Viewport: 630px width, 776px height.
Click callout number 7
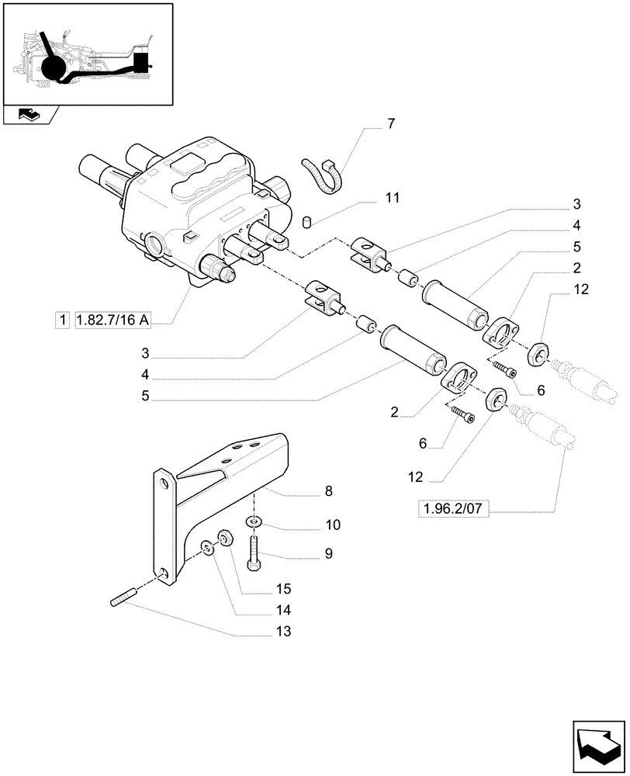pyautogui.click(x=391, y=123)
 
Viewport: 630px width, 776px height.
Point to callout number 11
pyautogui.click(x=393, y=198)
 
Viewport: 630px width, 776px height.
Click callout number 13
pyautogui.click(x=284, y=632)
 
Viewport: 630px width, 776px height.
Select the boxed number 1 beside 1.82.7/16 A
pyautogui.click(x=61, y=319)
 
